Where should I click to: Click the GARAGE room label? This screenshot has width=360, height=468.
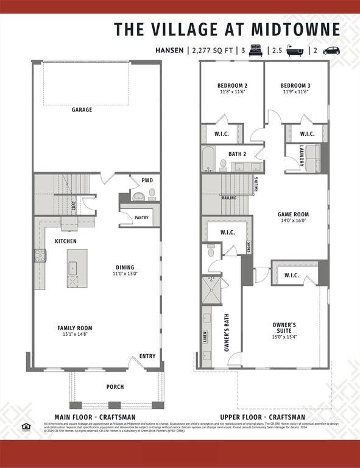pos(82,110)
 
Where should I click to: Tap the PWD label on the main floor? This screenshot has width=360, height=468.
pos(147,180)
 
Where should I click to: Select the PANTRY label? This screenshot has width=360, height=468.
pos(141,218)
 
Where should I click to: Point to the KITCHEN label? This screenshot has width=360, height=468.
pos(66,241)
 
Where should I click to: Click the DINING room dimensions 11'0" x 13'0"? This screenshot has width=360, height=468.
pos(125,274)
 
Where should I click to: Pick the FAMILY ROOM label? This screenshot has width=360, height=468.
pos(75,328)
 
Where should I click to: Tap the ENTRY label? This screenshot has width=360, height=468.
pos(147,356)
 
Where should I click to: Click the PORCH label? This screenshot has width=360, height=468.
pos(115,387)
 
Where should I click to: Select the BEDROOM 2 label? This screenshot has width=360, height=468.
pos(232,85)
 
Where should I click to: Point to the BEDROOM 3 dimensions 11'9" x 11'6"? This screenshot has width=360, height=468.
pos(295,92)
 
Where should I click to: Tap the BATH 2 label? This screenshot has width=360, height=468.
pos(237,155)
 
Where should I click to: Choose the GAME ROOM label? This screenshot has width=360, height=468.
pos(293,214)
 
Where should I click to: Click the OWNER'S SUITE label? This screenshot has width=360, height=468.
pos(284,328)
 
